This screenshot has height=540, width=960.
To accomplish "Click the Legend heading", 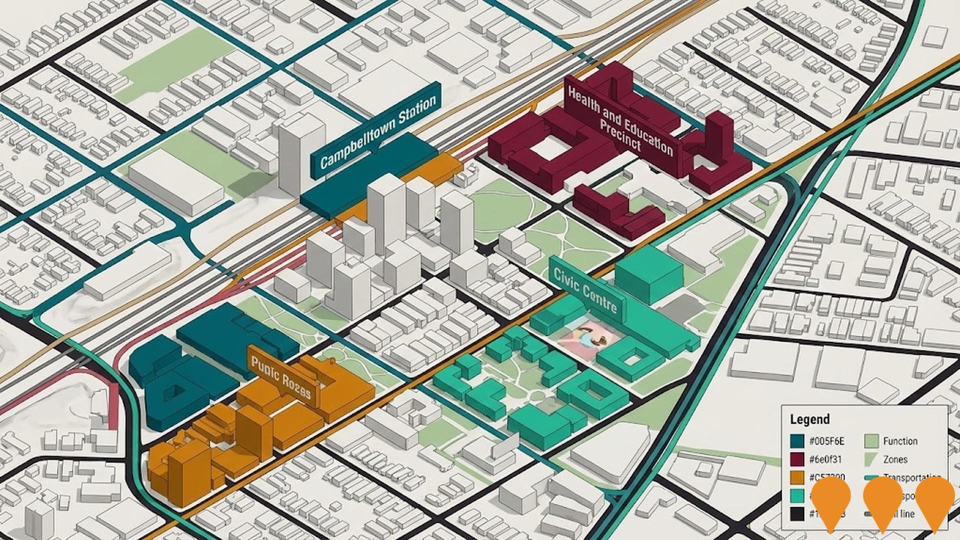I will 809,419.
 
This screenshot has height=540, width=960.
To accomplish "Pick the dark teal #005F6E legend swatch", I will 797,441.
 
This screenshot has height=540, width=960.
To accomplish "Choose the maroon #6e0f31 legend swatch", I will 797,459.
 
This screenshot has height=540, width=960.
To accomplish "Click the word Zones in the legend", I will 895,459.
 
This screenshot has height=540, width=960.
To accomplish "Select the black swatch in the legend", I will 797,513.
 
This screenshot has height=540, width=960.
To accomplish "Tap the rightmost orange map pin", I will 934,501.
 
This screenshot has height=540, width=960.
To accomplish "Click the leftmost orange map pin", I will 830,501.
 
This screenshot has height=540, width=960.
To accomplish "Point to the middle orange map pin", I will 882,501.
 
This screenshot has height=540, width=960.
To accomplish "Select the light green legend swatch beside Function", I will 871,441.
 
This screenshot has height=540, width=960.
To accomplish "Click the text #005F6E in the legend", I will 826,441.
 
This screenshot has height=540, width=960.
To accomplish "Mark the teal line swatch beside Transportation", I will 871,477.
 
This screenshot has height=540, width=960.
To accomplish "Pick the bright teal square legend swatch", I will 797,495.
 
